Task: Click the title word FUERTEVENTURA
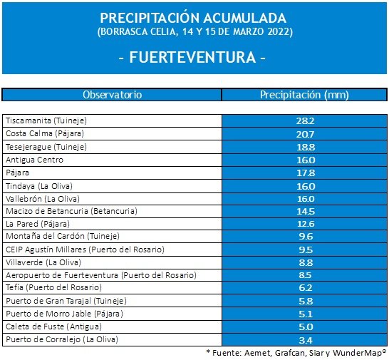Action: tap(192, 57)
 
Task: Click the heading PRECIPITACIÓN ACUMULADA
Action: tap(193, 18)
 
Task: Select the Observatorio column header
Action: tap(112, 95)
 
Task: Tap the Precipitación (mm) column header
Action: tap(304, 95)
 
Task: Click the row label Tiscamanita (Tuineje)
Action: tap(46, 120)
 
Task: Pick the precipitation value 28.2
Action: tap(305, 121)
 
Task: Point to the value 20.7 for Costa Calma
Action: tap(305, 134)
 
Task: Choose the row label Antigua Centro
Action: tap(34, 160)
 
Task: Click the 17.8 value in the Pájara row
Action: tap(306, 173)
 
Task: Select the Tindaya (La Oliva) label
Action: tap(39, 186)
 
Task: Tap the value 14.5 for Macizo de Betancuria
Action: tap(306, 212)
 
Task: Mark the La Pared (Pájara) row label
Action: tap(38, 224)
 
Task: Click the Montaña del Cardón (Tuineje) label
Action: tap(63, 236)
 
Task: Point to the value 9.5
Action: tap(306, 250)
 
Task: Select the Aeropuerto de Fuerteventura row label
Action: tap(101, 275)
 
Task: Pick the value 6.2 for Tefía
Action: tap(306, 288)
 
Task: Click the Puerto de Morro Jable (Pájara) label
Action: tap(64, 314)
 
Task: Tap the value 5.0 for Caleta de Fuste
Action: tap(306, 327)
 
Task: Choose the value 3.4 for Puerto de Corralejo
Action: tap(306, 340)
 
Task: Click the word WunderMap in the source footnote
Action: tap(358, 353)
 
